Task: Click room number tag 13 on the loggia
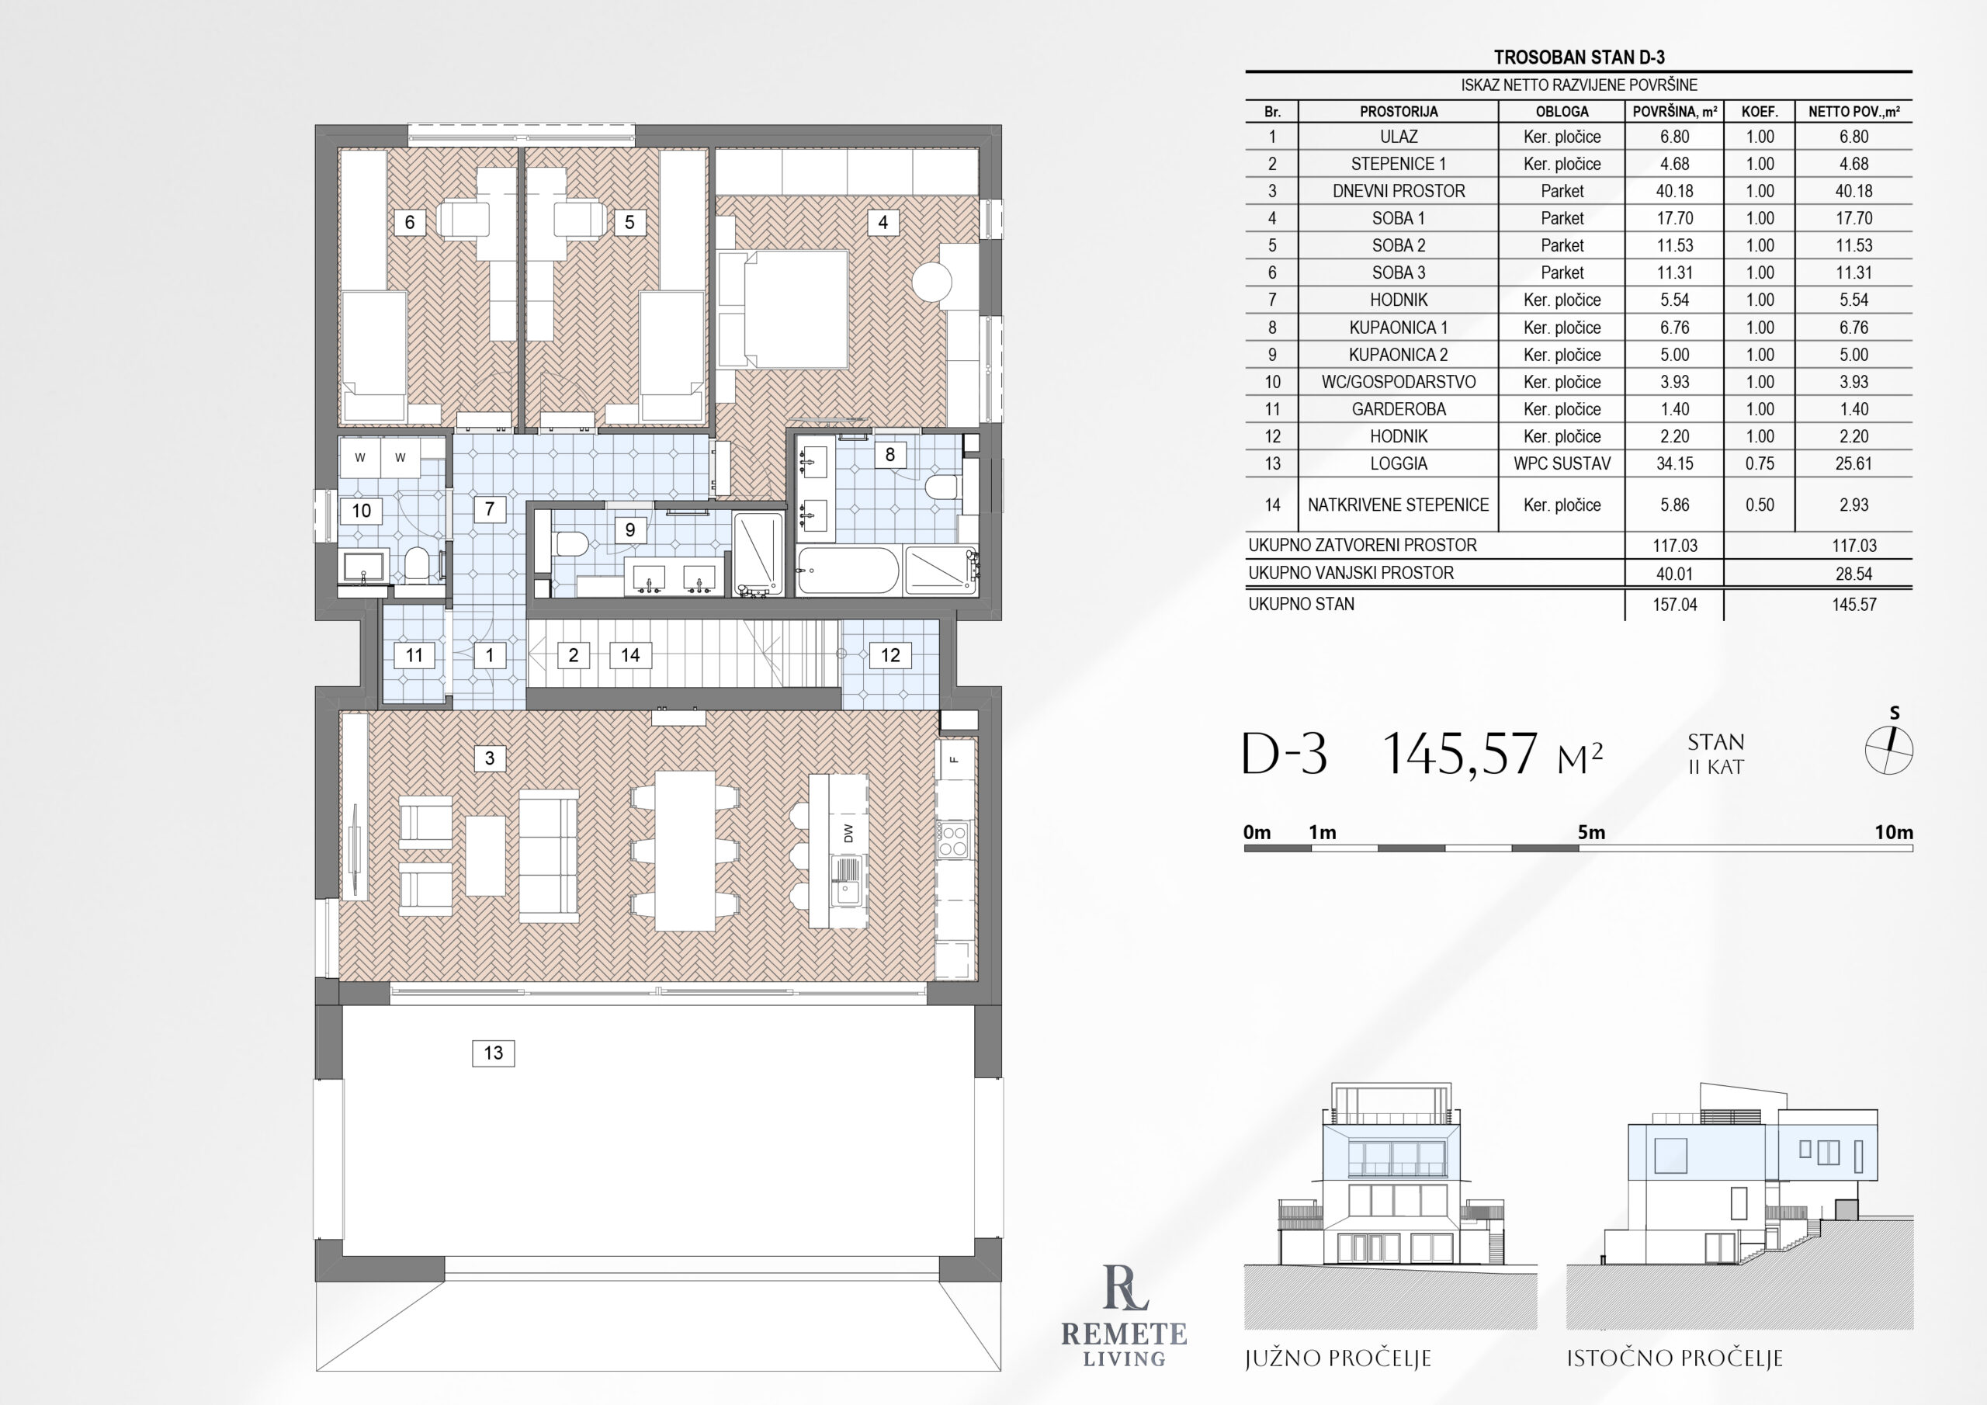pos(494,1053)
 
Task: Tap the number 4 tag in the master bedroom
pos(883,223)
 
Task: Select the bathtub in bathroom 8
pos(848,571)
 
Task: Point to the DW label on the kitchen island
pos(848,833)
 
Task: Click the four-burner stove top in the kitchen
pos(954,840)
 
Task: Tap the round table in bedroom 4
pos(932,281)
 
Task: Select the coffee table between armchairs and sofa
pos(486,855)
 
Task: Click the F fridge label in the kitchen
pos(955,759)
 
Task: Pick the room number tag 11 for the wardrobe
pos(414,655)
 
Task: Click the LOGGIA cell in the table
pos(1399,463)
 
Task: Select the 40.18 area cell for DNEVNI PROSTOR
pos(1674,190)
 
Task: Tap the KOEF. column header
pos(1760,112)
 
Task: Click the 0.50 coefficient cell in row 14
pos(1760,505)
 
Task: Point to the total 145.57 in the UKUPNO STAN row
pos(1853,604)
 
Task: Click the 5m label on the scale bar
pos(1590,832)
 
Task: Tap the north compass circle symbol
pos(1888,750)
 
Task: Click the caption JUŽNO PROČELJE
pos(1338,1358)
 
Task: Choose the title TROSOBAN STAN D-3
pos(1580,57)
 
